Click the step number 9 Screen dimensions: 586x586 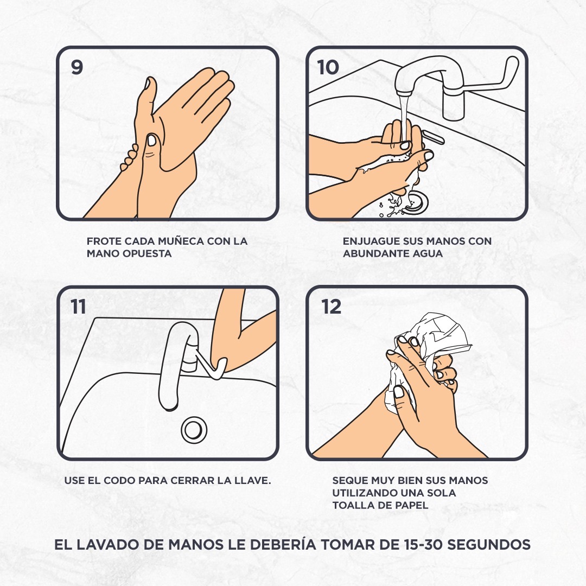coord(77,67)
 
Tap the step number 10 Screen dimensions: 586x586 coord(328,67)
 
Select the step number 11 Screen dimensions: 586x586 coord(78,307)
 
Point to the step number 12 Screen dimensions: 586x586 coord(331,307)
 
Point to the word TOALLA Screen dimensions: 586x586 coord(350,505)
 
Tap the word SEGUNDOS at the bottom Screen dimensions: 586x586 coord(489,544)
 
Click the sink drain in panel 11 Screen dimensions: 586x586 coord(194,430)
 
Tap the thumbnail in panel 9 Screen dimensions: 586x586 coord(152,140)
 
